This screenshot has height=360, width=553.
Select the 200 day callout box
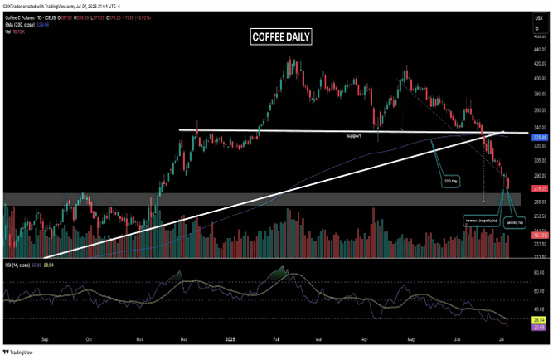[451, 179]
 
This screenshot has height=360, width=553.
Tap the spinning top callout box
[514, 223]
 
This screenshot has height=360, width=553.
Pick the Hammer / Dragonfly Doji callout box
[482, 221]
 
